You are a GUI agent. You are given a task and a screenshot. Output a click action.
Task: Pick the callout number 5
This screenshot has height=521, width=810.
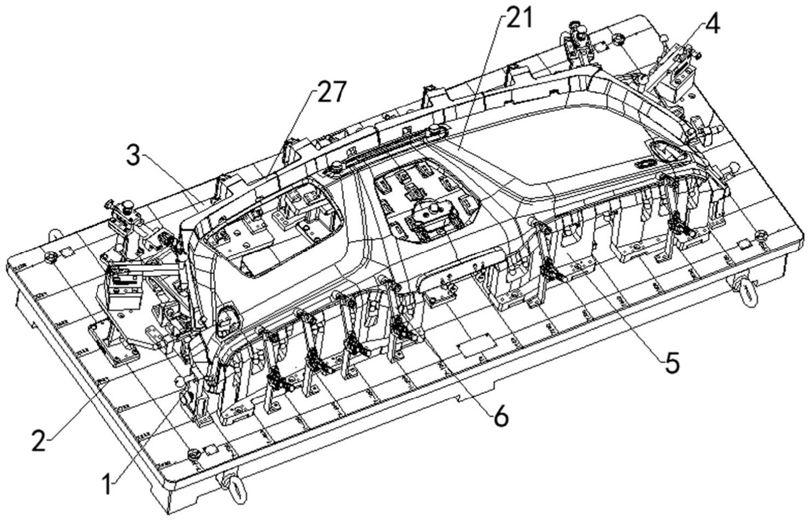point(671,362)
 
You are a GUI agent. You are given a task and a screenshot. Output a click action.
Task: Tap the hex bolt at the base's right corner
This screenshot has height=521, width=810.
point(760,236)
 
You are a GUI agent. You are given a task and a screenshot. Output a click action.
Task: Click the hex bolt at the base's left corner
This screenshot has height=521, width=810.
point(51,256)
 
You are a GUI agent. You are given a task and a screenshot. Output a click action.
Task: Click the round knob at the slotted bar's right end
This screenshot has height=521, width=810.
point(435,129)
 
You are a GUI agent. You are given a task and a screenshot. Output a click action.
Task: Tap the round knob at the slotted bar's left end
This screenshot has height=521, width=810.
point(336,166)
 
